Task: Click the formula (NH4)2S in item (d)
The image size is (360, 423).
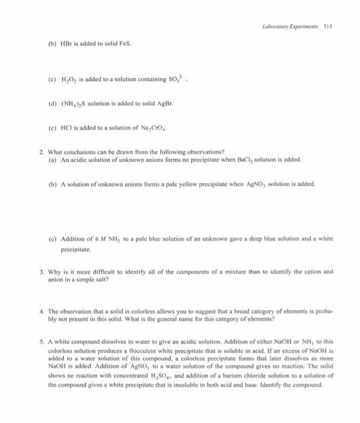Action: click(x=72, y=103)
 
